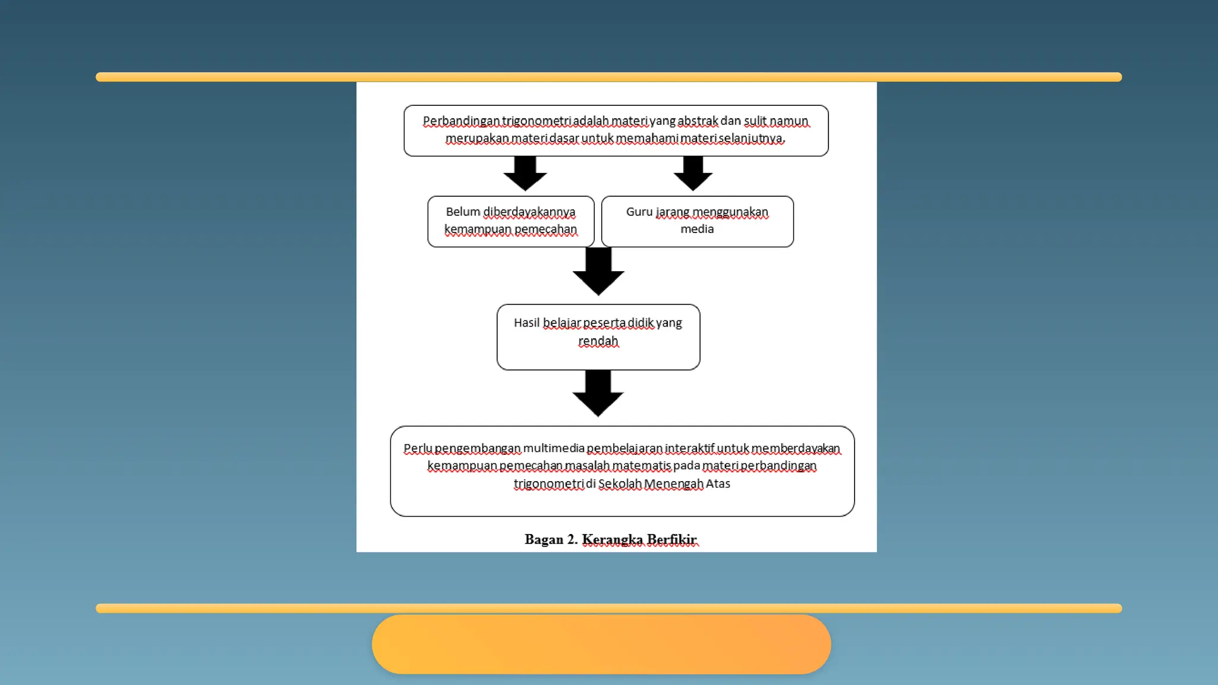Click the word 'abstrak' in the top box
tap(698, 121)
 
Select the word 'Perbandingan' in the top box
tap(461, 121)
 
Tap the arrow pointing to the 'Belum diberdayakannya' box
tap(525, 173)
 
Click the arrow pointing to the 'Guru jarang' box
tap(693, 173)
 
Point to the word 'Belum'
tap(463, 212)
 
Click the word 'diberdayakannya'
tap(529, 212)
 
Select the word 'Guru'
tap(639, 212)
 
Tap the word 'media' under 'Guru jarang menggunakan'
tap(697, 229)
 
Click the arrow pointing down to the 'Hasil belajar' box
tap(598, 271)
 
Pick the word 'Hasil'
tap(526, 323)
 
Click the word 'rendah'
tap(598, 341)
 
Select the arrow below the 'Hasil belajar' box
tap(598, 393)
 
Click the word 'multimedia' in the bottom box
tap(554, 448)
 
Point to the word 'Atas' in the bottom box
tap(718, 483)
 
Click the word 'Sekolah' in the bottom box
tap(620, 483)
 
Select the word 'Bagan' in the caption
tap(544, 539)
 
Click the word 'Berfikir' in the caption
tap(671, 539)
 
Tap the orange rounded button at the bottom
tap(601, 644)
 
